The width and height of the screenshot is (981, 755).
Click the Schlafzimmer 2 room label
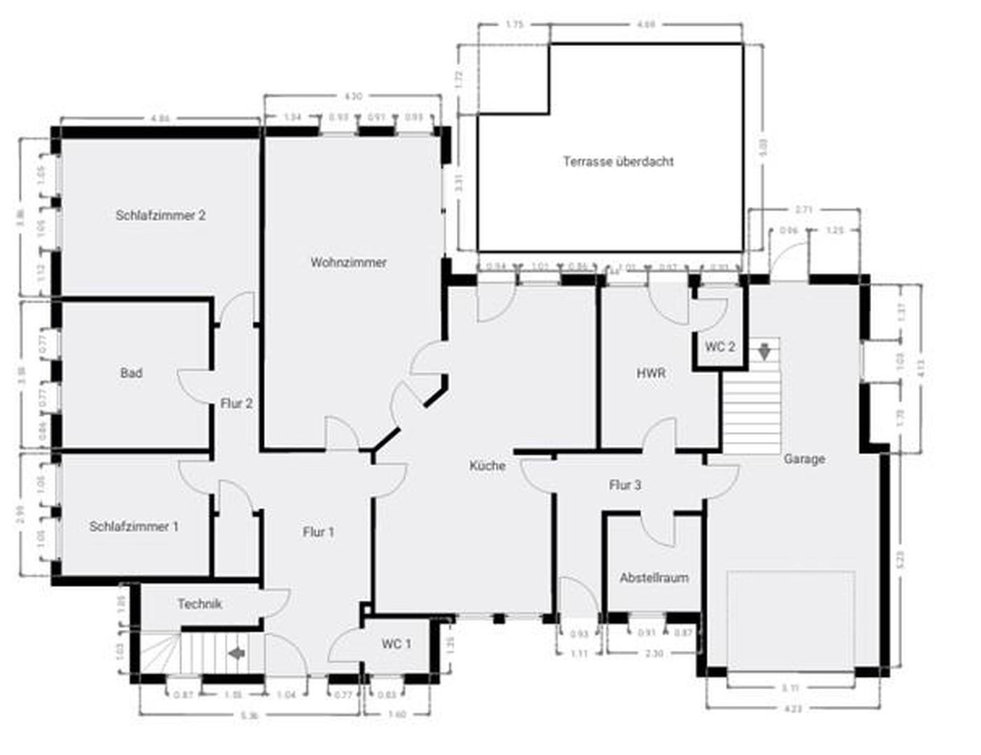click(x=160, y=215)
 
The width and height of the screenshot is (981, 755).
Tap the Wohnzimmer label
click(x=348, y=263)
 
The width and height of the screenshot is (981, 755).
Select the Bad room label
click(x=131, y=373)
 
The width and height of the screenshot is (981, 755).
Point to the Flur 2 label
click(x=237, y=403)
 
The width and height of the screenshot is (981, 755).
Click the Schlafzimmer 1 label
click(x=134, y=526)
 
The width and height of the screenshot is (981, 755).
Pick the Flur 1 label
click(x=318, y=532)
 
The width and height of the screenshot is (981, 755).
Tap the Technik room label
click(x=199, y=604)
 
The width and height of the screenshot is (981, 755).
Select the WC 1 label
click(x=396, y=644)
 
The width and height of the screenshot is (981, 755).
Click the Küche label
click(x=487, y=466)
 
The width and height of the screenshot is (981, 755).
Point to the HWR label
click(x=651, y=374)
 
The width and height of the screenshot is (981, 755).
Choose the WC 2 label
click(x=720, y=347)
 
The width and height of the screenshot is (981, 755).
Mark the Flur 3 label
click(x=625, y=485)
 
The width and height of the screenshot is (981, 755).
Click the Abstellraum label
click(x=654, y=578)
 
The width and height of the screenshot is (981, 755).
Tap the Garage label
click(x=804, y=459)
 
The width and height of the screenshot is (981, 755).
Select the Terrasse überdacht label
click(x=618, y=161)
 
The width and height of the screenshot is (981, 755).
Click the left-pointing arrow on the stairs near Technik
click(x=237, y=653)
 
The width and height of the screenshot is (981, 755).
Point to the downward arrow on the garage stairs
click(x=765, y=349)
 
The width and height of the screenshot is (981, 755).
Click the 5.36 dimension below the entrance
click(x=249, y=716)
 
